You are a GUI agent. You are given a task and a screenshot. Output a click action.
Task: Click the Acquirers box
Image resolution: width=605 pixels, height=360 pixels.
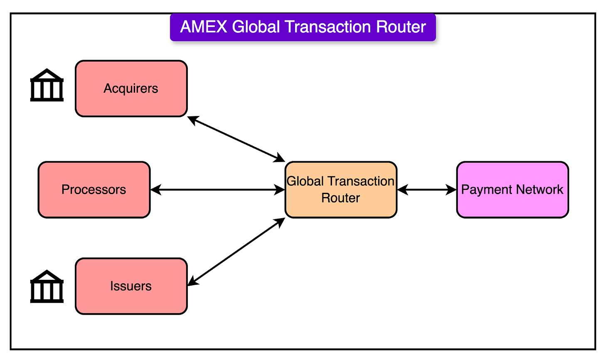pyautogui.click(x=131, y=89)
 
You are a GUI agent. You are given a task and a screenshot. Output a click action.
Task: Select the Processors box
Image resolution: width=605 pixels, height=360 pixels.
pyautogui.click(x=94, y=190)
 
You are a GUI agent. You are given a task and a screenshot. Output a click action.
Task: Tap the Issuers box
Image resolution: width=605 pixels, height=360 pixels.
pyautogui.click(x=131, y=286)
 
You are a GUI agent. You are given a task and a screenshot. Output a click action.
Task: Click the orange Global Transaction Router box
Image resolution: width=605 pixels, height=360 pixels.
pyautogui.click(x=341, y=190)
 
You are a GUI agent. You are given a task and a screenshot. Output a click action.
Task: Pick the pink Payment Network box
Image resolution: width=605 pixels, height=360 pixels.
pyautogui.click(x=512, y=190)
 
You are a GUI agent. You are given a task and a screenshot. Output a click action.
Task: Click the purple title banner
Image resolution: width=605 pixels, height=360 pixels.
pyautogui.click(x=303, y=27)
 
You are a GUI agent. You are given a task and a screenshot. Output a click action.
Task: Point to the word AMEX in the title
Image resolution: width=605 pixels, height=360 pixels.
pyautogui.click(x=204, y=27)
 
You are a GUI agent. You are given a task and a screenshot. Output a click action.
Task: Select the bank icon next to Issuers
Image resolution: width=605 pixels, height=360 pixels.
pyautogui.click(x=47, y=286)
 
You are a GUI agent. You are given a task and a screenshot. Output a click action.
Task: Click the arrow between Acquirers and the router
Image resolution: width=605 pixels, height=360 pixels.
pyautogui.click(x=236, y=139)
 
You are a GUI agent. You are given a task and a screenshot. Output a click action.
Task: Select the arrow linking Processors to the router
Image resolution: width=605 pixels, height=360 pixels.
pyautogui.click(x=217, y=190)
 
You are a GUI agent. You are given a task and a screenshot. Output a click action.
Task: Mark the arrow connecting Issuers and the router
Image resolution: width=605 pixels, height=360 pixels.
pyautogui.click(x=236, y=252)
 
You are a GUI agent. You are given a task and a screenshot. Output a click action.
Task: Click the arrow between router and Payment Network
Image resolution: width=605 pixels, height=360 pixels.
pyautogui.click(x=427, y=190)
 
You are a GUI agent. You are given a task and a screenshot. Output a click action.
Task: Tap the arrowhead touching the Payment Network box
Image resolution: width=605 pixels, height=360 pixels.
pyautogui.click(x=452, y=190)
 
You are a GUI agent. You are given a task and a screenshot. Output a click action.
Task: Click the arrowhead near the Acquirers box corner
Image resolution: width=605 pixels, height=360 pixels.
pyautogui.click(x=192, y=119)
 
